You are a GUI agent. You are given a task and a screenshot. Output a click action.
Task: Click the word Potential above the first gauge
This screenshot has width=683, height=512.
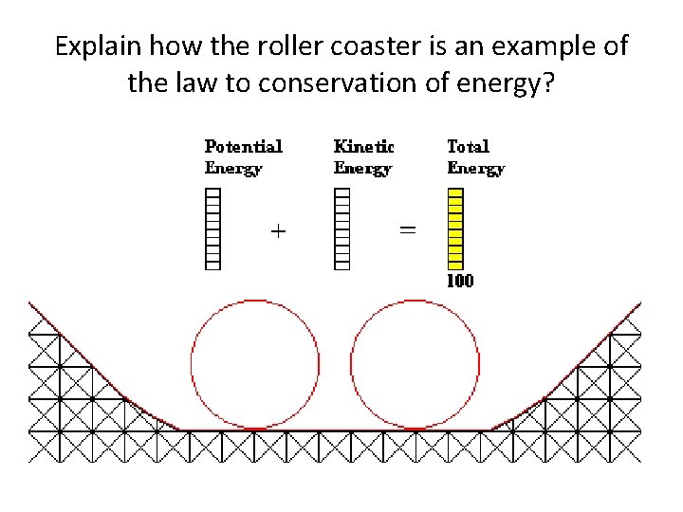(244, 147)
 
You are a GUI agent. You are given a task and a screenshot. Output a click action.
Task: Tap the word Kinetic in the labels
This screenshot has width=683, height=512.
(363, 147)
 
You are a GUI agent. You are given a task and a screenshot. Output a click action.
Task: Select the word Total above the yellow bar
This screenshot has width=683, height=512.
(468, 147)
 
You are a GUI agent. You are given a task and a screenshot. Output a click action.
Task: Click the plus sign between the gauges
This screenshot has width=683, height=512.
(278, 230)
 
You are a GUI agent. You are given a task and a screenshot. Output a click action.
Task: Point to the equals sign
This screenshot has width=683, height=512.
(407, 229)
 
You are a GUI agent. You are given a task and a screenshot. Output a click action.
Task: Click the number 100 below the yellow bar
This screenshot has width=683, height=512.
(460, 282)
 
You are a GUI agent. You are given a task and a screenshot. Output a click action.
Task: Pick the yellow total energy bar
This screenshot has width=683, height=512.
(455, 229)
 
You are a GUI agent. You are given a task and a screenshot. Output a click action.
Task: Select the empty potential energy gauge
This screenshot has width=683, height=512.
(213, 229)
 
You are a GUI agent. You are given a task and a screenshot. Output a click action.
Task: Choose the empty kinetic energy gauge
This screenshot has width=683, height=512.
(342, 229)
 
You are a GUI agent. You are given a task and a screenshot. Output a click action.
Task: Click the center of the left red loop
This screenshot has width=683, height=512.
(255, 364)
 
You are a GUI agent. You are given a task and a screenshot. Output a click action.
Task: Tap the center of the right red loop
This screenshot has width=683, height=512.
(415, 364)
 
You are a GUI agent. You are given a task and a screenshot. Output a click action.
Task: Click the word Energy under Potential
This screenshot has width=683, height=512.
(233, 169)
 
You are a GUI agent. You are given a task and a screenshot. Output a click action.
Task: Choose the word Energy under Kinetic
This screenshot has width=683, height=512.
(362, 169)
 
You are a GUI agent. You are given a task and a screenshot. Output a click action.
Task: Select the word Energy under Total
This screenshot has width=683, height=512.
(475, 169)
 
